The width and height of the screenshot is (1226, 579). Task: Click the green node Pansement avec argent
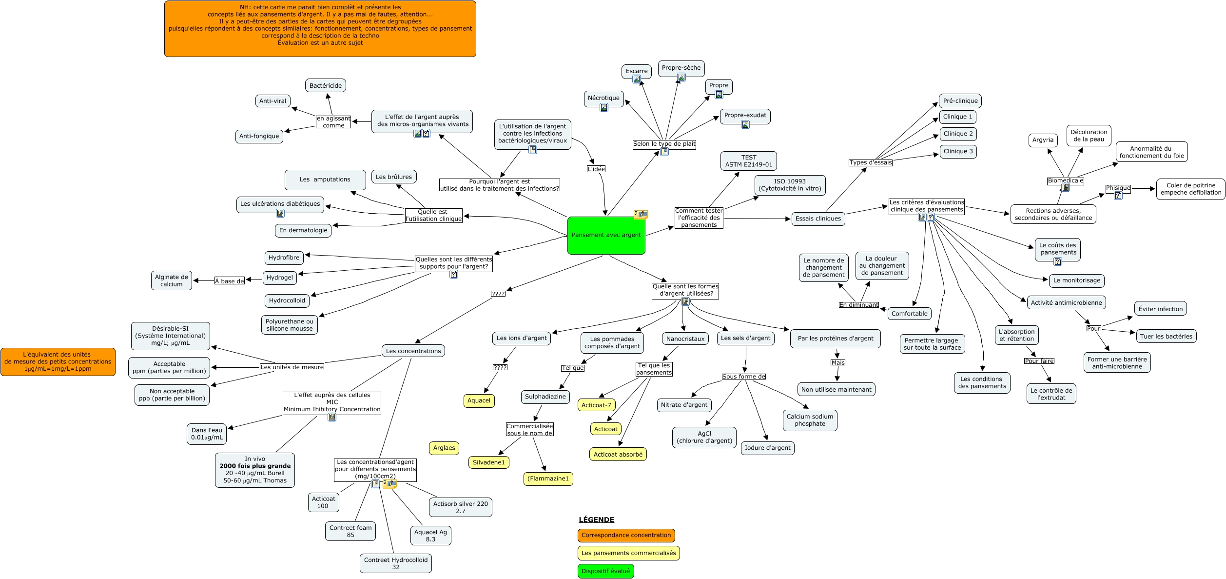(606, 236)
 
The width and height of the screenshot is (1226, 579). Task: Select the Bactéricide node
(326, 86)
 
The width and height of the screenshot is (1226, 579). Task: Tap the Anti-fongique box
(259, 136)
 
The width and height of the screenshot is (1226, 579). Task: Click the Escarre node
(637, 71)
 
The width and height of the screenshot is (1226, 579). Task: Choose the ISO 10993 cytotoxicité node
(790, 185)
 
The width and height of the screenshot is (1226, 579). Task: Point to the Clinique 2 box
(958, 134)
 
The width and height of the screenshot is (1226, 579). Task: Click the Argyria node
(1043, 140)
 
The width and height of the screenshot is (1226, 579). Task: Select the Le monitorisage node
(1076, 280)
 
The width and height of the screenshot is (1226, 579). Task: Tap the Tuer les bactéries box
(1166, 336)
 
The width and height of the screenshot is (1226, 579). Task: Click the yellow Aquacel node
(479, 400)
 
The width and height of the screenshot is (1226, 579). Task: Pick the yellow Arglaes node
(444, 448)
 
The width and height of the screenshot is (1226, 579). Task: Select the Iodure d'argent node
(767, 448)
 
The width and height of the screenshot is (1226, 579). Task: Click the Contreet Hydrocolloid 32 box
(396, 563)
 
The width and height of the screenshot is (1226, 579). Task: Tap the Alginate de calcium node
(172, 280)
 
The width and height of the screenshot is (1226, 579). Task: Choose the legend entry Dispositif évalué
(605, 571)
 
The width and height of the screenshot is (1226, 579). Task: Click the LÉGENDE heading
(596, 519)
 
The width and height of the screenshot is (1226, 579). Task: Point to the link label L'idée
(596, 169)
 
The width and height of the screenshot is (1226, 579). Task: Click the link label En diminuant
(858, 305)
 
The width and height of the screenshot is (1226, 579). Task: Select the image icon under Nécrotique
(604, 107)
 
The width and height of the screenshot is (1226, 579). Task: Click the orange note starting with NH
(320, 29)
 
